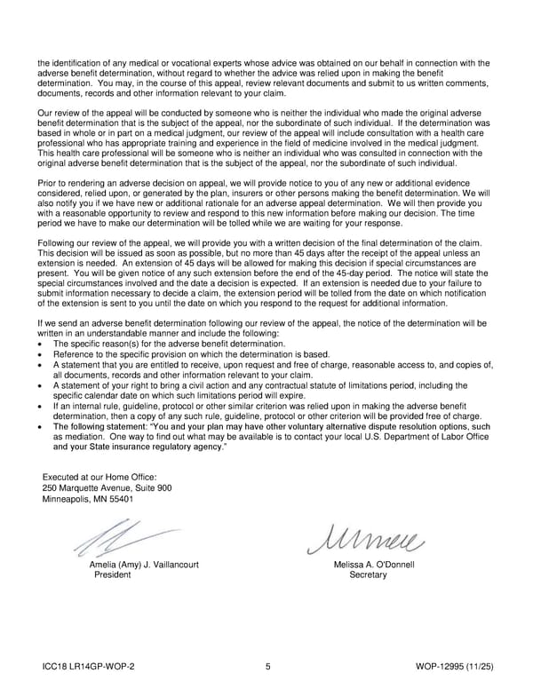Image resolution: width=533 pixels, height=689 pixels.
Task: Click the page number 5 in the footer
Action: click(267, 665)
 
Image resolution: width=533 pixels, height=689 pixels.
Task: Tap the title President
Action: click(113, 575)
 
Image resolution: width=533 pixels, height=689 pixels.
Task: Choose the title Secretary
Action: click(368, 575)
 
